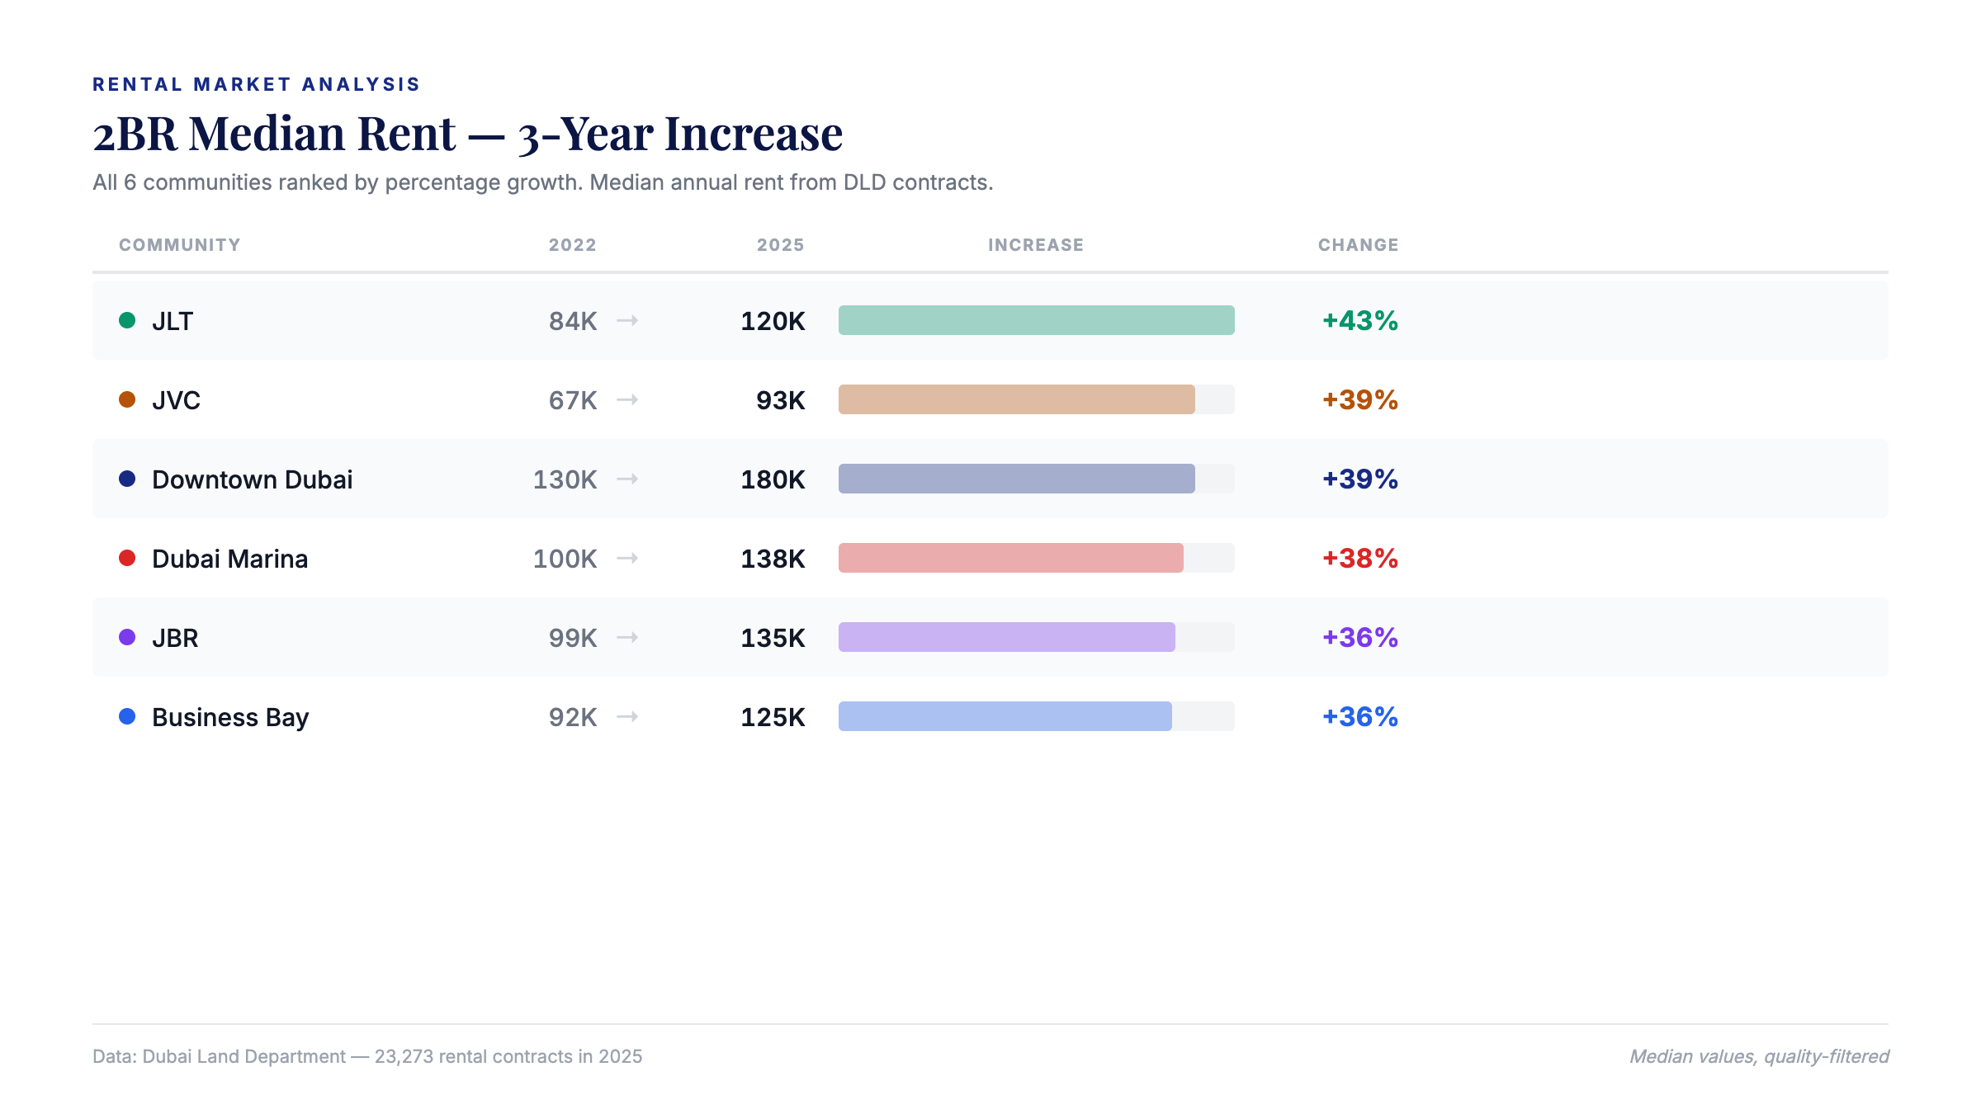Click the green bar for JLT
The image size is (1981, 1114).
(x=1036, y=320)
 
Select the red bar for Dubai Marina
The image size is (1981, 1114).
(x=1010, y=558)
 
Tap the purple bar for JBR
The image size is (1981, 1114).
(x=1006, y=637)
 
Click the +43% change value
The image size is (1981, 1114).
(x=1359, y=320)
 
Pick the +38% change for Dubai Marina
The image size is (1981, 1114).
(x=1359, y=558)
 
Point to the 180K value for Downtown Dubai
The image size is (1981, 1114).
(x=773, y=479)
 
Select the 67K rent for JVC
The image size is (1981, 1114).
(x=572, y=400)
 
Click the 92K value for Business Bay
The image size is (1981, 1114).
(x=572, y=717)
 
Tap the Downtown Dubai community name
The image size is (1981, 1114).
(x=252, y=479)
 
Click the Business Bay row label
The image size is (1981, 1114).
(x=230, y=717)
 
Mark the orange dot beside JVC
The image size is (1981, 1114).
(x=127, y=399)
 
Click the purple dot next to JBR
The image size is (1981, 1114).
(x=127, y=637)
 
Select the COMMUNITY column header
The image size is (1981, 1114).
(x=179, y=245)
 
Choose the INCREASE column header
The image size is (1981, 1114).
(x=1036, y=245)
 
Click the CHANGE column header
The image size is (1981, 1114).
(x=1358, y=245)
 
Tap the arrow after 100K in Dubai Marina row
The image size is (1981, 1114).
(x=627, y=559)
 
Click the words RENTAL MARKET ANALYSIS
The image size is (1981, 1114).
(x=256, y=84)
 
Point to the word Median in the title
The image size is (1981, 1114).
(x=322, y=134)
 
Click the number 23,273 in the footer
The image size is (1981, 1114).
(x=404, y=1056)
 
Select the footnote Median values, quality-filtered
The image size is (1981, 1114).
(x=1759, y=1056)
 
